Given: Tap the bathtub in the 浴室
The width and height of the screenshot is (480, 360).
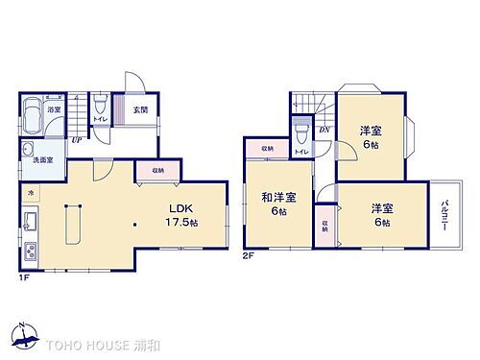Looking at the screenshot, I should click(x=33, y=108).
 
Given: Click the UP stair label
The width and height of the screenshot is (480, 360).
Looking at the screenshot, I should click(x=75, y=139).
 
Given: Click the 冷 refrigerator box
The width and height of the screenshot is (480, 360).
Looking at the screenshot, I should click(x=29, y=192).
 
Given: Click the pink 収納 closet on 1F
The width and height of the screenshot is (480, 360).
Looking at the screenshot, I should click(x=157, y=170).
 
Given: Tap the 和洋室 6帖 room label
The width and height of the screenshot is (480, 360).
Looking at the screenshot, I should click(x=278, y=204).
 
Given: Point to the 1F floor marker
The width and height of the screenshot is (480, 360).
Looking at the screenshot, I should click(x=25, y=279).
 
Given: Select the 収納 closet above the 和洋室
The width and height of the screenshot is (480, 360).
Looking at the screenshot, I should click(x=266, y=149).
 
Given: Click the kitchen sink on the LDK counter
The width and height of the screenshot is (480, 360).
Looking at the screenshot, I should click(x=30, y=224).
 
